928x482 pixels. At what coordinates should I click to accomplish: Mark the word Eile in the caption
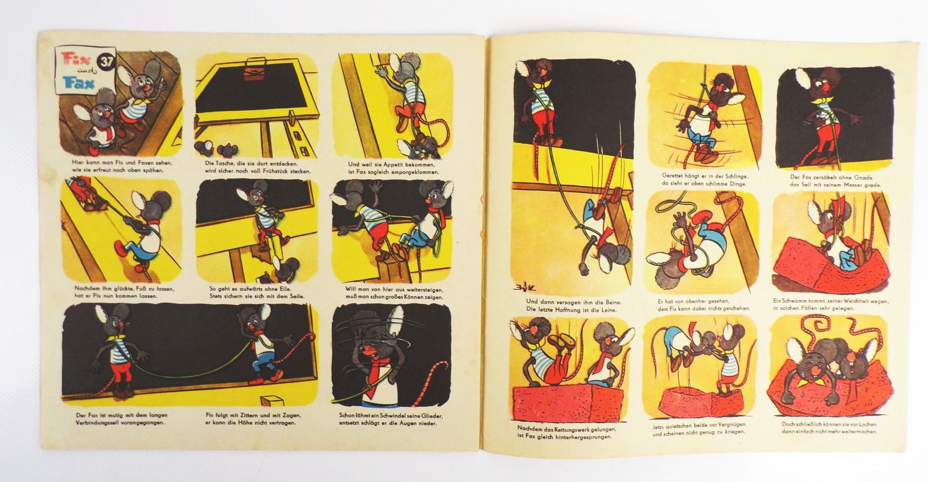coord(282,288)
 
